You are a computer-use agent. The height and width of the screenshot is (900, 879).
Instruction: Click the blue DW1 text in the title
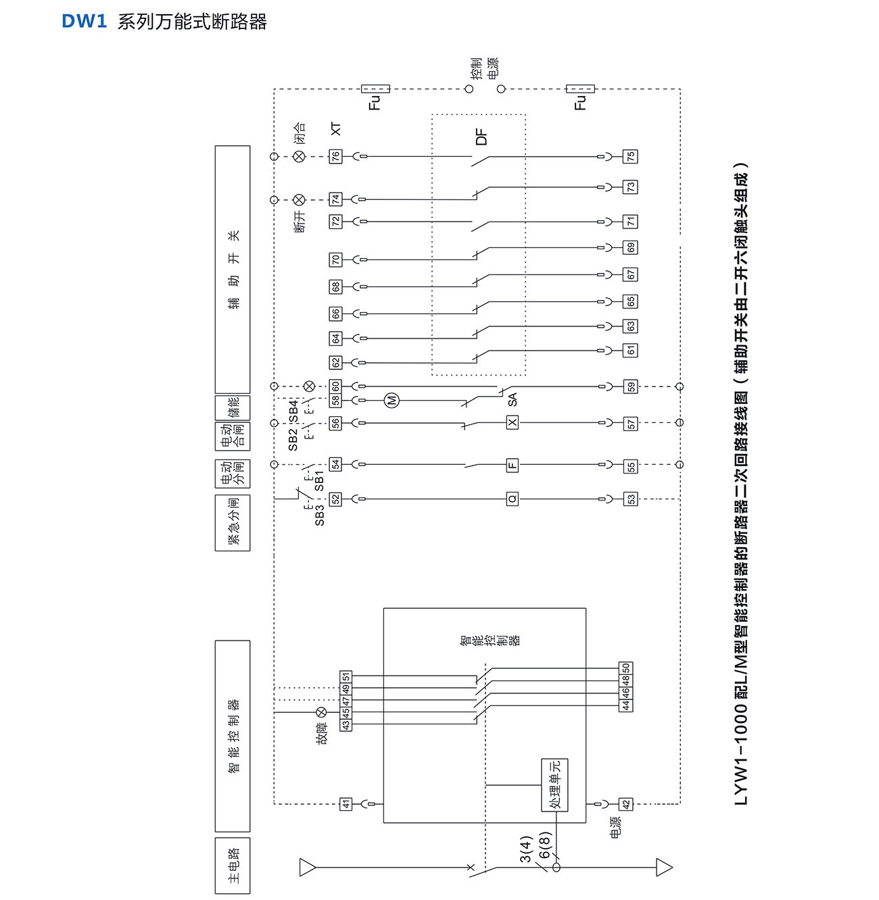pos(85,22)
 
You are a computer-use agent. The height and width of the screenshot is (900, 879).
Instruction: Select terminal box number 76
pos(335,156)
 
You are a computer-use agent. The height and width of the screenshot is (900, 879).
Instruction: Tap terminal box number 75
pos(630,156)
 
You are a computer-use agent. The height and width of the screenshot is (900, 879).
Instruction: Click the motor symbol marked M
pos(391,401)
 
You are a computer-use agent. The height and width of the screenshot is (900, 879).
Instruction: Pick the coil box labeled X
pos(513,423)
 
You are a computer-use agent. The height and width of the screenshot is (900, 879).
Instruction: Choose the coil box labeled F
pos(513,465)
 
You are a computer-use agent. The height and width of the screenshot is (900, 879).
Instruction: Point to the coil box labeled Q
pos(513,499)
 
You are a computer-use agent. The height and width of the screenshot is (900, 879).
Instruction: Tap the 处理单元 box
pos(554,784)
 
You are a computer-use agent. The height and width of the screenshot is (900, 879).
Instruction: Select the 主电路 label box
pos(233,866)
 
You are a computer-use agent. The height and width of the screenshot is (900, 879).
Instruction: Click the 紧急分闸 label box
pos(233,522)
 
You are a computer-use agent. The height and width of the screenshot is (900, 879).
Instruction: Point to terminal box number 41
pos(346,804)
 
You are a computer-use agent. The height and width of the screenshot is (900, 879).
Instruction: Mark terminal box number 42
pos(626,804)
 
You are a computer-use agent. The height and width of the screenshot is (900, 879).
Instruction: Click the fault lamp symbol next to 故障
pos(322,712)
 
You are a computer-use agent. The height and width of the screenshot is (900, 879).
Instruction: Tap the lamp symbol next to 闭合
pos(300,156)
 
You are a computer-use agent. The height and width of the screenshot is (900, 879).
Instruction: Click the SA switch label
pos(513,399)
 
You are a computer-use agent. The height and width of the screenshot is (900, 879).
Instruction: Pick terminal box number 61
pos(630,350)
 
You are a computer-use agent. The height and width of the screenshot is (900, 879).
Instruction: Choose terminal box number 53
pos(630,499)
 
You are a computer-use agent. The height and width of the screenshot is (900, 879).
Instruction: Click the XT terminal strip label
pos(336,128)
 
